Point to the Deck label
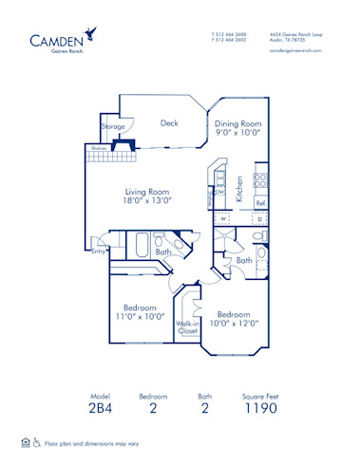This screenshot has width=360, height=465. [169, 122]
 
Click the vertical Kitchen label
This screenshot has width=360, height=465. [241, 189]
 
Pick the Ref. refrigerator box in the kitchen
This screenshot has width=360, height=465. [260, 203]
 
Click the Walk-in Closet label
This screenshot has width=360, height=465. [188, 327]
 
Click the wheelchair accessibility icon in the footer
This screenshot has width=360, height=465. [37, 442]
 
